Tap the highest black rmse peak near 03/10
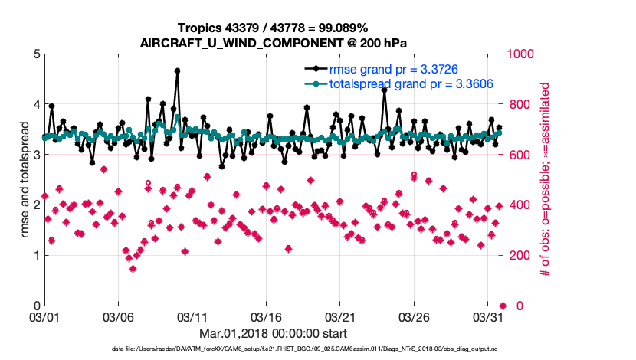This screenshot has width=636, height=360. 177,70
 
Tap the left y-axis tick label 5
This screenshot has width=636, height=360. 36,54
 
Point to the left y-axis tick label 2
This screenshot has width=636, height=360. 36,205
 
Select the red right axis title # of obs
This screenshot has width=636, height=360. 545,180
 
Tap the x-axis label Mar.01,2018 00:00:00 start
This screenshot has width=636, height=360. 273,333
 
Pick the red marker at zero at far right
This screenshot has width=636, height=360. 502,306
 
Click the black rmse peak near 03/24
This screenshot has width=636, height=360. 384,90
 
